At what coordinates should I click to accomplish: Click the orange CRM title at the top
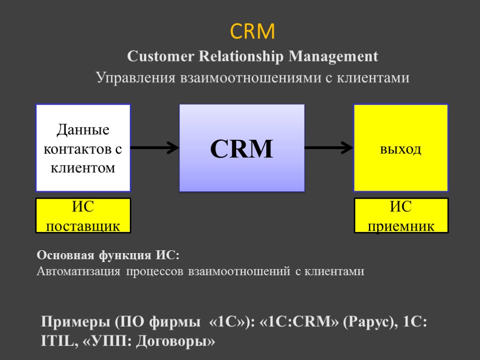point(252,32)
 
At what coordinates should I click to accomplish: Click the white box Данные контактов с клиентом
point(83,148)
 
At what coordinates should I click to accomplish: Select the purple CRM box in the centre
point(242,148)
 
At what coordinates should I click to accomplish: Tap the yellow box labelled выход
point(401,148)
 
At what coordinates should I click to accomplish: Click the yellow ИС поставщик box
point(83,216)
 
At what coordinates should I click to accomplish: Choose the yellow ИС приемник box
point(401,216)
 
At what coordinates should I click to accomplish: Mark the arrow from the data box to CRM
point(155,148)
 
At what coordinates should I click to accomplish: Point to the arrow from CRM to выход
point(329,148)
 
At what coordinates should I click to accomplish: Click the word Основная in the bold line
point(66,256)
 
